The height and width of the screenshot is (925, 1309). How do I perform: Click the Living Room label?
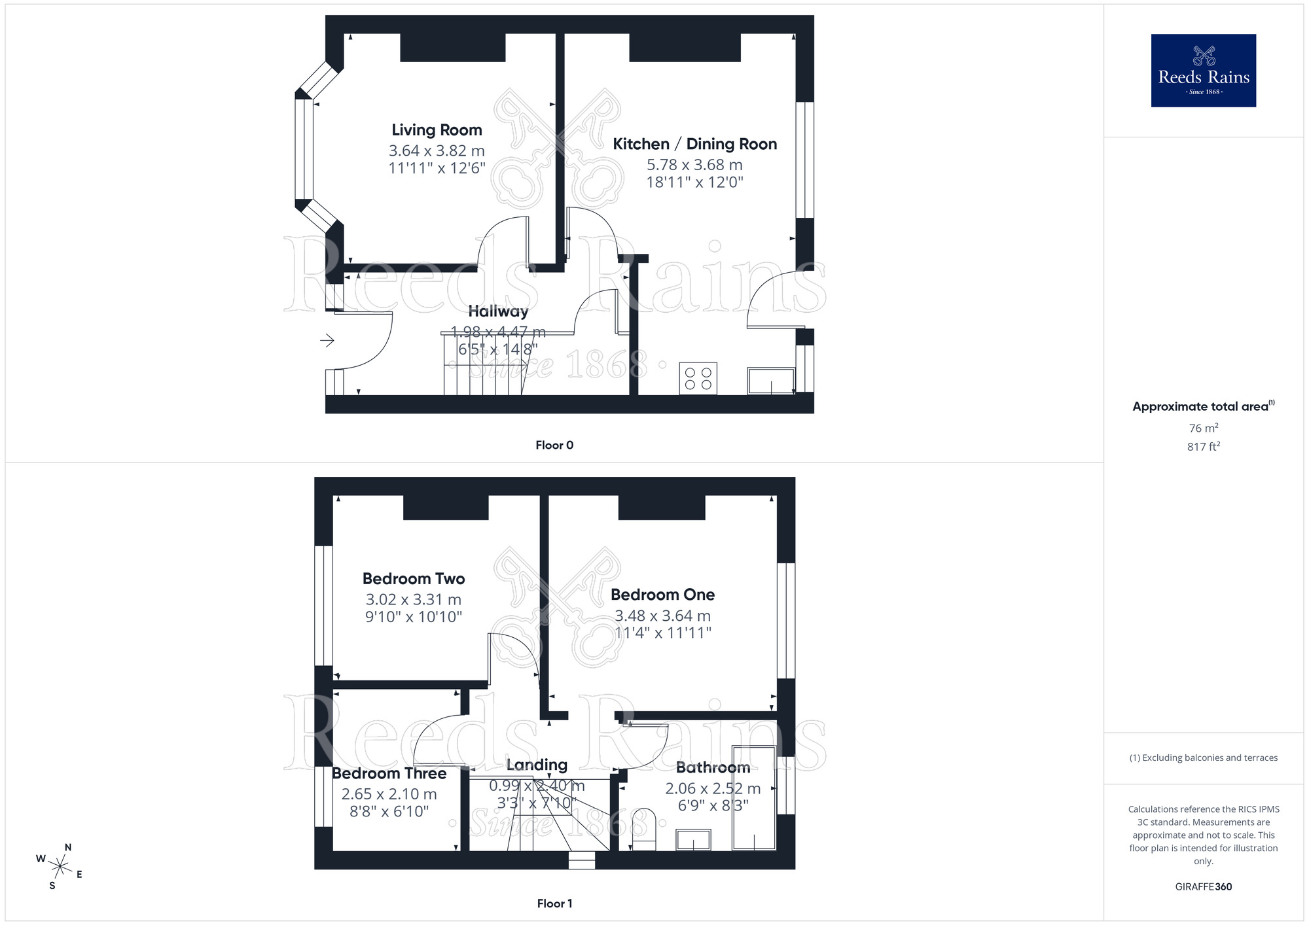pos(437,130)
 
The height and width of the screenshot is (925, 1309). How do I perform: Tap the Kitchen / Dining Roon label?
pos(694,144)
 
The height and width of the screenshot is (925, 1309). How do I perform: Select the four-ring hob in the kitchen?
pos(698,379)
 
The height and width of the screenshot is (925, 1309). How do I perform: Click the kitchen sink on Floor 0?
pos(771,381)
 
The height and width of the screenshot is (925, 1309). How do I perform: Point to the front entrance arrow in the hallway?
pos(327,340)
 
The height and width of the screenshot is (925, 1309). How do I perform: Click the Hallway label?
pos(498,311)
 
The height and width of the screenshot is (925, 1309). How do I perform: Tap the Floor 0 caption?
pos(554,445)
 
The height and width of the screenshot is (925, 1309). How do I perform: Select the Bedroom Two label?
pos(414,579)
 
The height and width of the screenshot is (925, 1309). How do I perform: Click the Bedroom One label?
pos(662,595)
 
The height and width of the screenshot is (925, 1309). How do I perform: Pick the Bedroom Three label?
pos(389,773)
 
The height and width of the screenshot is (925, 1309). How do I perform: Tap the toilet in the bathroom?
pos(644,829)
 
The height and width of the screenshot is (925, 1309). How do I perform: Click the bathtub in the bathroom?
pos(754,798)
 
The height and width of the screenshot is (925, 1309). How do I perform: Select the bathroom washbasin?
pos(693,839)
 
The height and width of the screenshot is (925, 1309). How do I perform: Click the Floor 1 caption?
pos(554,903)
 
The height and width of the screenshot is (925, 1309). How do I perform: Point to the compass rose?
pos(60,867)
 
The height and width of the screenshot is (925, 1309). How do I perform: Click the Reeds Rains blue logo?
pos(1203,71)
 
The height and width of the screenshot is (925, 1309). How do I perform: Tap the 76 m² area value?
pos(1203,428)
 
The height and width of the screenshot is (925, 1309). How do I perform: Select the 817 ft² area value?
pos(1203,447)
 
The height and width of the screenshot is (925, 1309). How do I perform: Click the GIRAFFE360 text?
pos(1203,887)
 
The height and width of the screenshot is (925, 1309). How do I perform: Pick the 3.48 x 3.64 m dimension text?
pos(662,616)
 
